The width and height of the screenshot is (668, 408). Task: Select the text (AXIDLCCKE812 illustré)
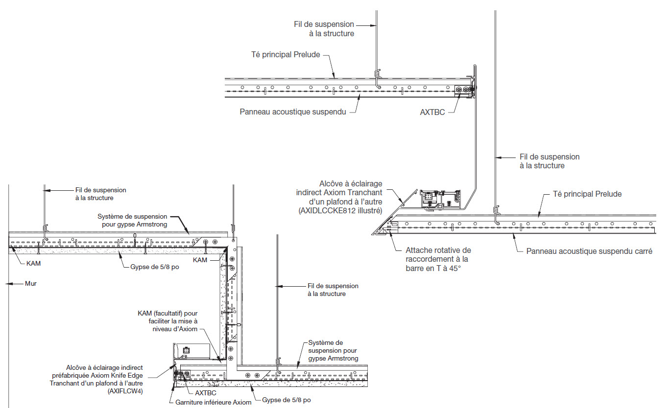pos(339,211)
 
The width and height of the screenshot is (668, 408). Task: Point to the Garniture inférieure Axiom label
pos(213,402)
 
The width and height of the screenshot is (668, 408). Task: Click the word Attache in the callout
pos(418,250)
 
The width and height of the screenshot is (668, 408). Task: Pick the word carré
pos(642,251)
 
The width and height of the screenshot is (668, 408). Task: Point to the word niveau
pos(164,329)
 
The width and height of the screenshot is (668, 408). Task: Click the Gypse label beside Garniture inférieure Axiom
pos(286,400)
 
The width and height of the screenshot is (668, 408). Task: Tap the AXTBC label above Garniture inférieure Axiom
pos(206,392)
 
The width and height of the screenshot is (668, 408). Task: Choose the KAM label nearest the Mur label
pos(33,263)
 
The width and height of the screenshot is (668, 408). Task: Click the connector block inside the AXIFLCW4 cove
pos(187,350)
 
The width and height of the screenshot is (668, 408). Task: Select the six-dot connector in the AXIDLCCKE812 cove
pos(429,196)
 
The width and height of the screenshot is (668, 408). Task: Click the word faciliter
pos(162,321)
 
